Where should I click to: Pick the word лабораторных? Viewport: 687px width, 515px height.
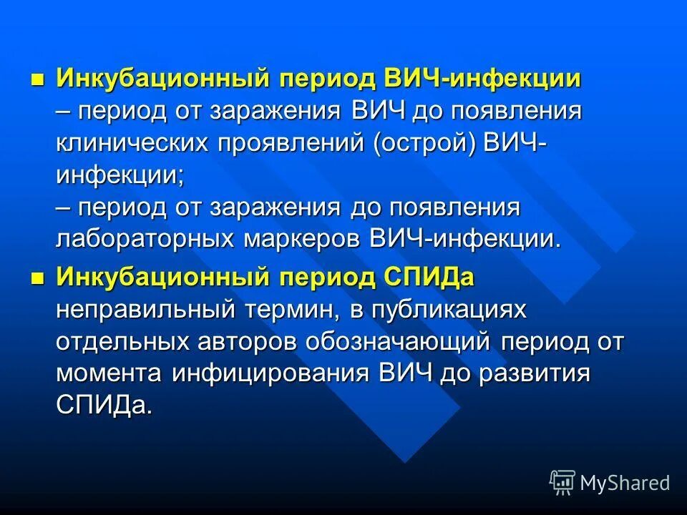tap(137, 239)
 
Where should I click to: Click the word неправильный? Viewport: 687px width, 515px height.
tap(135, 309)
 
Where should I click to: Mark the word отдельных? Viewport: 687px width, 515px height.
tap(114, 341)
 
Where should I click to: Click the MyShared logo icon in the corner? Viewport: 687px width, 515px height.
tap(562, 482)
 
